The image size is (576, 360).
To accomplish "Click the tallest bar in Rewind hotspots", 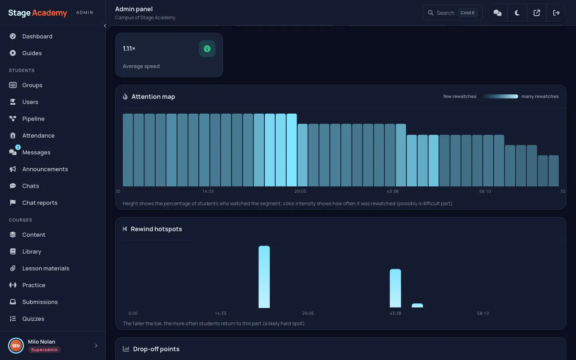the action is pyautogui.click(x=264, y=277).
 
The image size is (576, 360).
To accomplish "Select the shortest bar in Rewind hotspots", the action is pyautogui.click(x=417, y=306).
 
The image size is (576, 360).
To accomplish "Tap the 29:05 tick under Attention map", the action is pyautogui.click(x=300, y=191).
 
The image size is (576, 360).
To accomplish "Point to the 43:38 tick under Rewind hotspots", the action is pyautogui.click(x=395, y=313).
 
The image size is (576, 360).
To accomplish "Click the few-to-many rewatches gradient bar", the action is pyautogui.click(x=500, y=96).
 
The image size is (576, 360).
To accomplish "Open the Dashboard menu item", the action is pyautogui.click(x=37, y=36).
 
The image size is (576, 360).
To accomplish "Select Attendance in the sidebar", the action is pyautogui.click(x=38, y=136).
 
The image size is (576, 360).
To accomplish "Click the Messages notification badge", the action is pyautogui.click(x=18, y=147).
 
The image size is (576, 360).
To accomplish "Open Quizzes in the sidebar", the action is pyautogui.click(x=33, y=318).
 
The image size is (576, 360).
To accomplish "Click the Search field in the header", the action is pyautogui.click(x=452, y=13).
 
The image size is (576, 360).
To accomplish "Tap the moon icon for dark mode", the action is pyautogui.click(x=517, y=13).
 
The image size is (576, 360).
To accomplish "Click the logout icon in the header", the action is pyautogui.click(x=556, y=13).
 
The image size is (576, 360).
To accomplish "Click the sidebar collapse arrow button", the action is pyautogui.click(x=105, y=26).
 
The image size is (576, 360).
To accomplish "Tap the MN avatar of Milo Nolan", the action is pyautogui.click(x=16, y=346).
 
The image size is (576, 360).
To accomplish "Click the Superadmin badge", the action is pyautogui.click(x=44, y=350).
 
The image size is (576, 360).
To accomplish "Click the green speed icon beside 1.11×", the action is pyautogui.click(x=207, y=49).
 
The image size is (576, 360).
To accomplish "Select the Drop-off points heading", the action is pyautogui.click(x=156, y=349).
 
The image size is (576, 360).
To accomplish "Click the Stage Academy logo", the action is pyautogui.click(x=38, y=13).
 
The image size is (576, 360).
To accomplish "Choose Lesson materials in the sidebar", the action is pyautogui.click(x=46, y=268).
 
